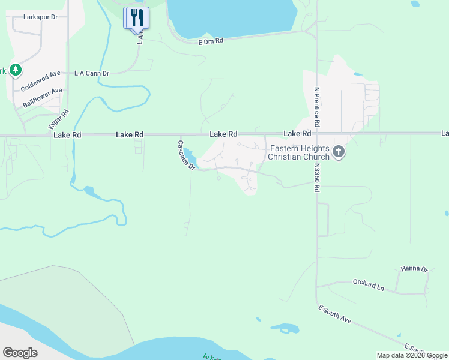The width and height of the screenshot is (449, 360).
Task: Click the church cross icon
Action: pos(339,152)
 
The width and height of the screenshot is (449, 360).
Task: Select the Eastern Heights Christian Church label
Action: pos(299,152)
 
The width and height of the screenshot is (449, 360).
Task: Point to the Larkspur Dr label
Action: pos(40,17)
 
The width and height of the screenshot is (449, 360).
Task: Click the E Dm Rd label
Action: pos(211,41)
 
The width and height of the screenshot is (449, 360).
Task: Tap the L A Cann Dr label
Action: pos(92,73)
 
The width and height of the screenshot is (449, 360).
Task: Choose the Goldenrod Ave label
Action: pos(41,80)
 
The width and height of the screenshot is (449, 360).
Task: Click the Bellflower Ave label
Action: pos(43,98)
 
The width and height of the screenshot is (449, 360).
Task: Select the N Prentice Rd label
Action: pos(317,106)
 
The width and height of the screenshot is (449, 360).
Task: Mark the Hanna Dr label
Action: pos(414,269)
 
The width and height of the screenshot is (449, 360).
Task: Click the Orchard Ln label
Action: pos(368,285)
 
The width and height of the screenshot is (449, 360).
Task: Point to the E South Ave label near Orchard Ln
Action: pos(334,314)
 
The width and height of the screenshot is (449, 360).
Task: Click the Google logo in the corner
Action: pos(20,352)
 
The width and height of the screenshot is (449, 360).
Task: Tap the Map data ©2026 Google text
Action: pos(412,355)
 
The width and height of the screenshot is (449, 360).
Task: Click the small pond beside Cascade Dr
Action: pos(190,157)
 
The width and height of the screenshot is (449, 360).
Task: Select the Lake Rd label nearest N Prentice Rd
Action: pos(297,133)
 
